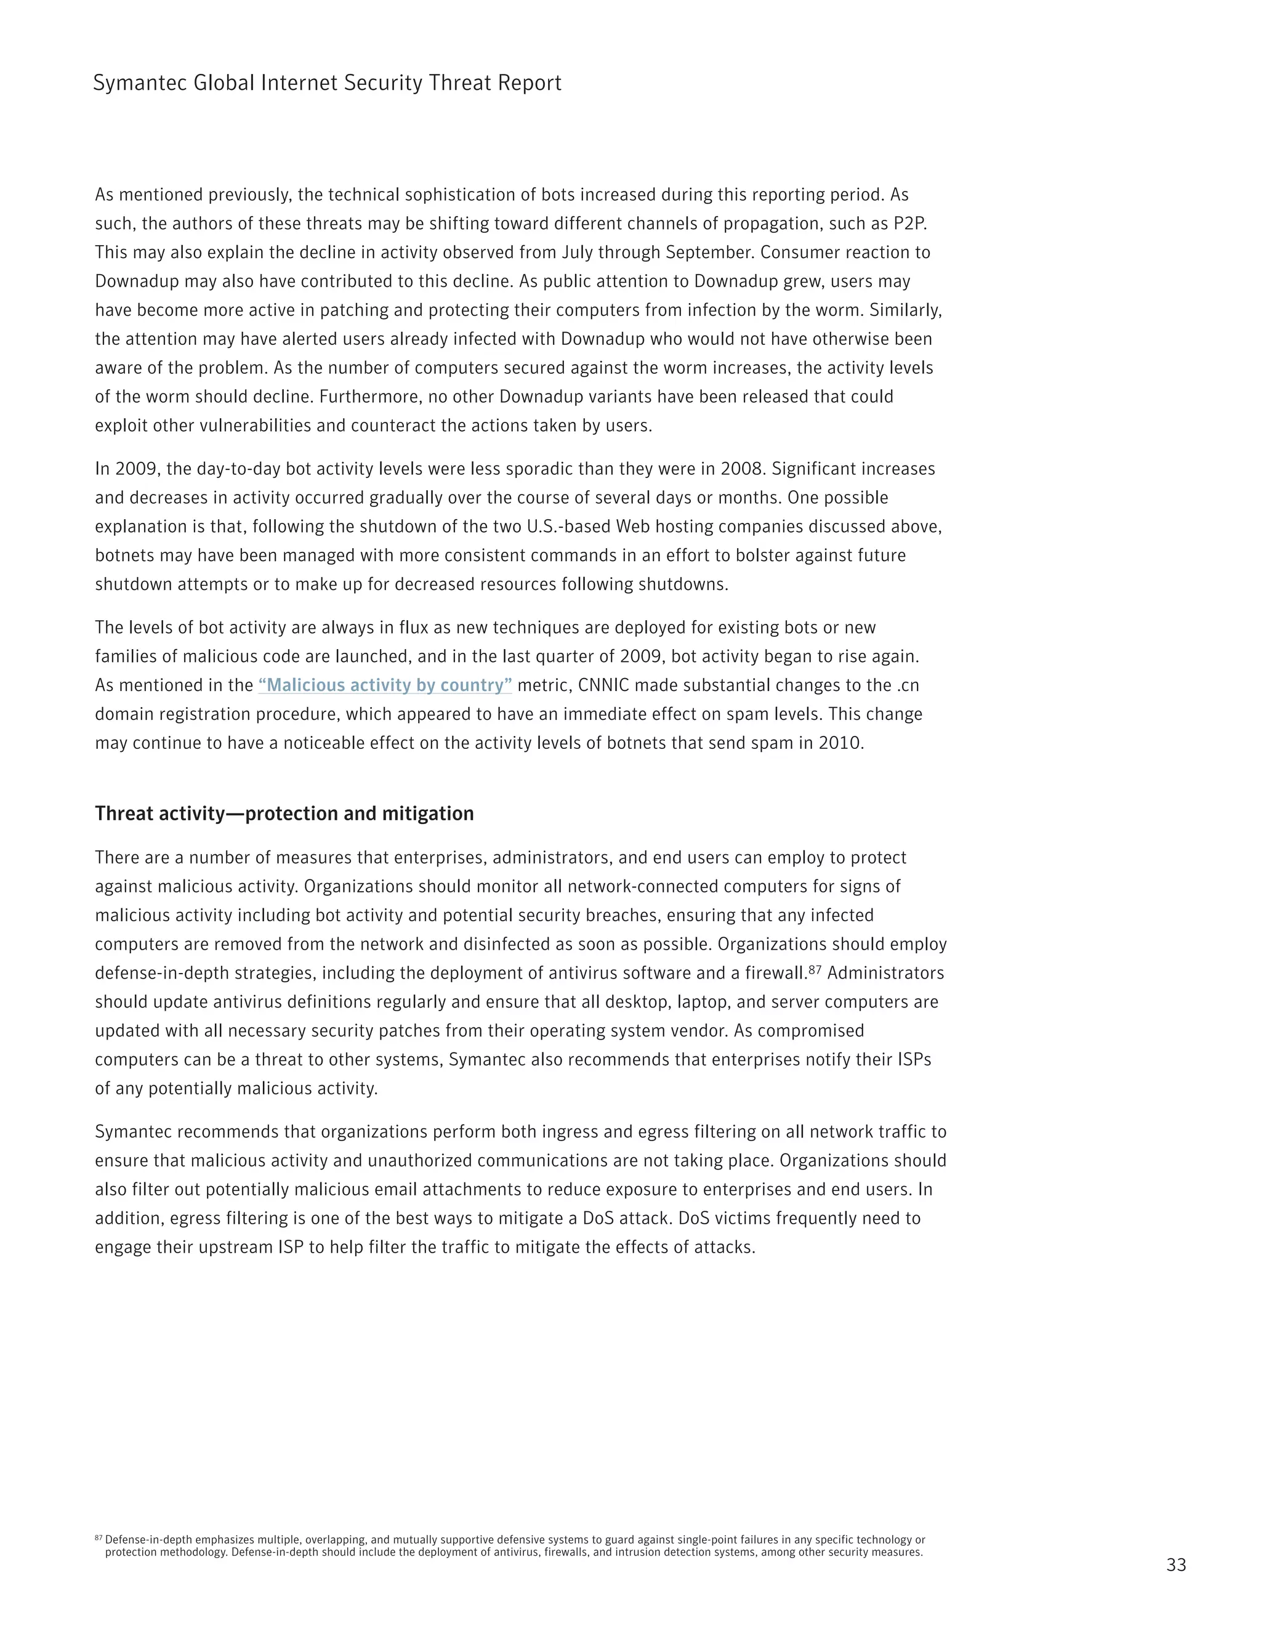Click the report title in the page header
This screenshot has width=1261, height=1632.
point(326,83)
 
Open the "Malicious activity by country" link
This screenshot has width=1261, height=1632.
point(385,685)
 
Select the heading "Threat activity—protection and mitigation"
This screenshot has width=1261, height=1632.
point(284,814)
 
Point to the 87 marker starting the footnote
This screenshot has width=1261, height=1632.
point(99,1538)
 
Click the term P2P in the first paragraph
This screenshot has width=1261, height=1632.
point(909,224)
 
